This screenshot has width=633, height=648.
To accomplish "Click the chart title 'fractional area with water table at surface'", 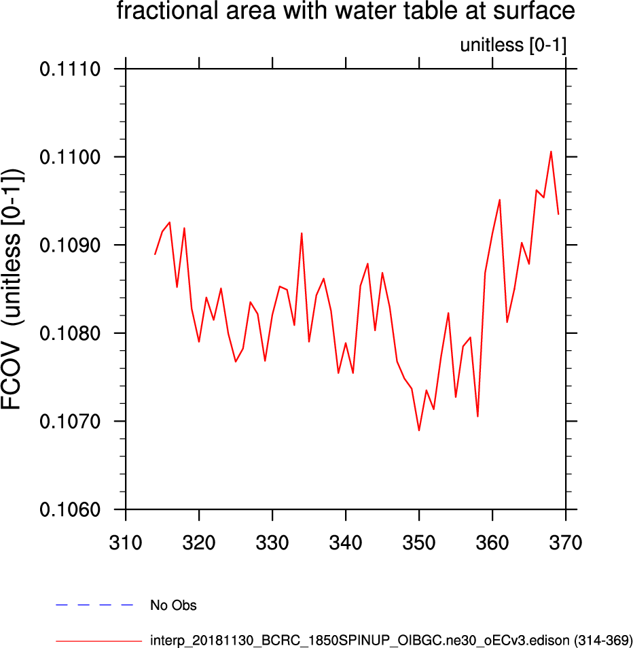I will click(346, 12).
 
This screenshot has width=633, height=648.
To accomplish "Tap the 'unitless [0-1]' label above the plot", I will click(513, 46).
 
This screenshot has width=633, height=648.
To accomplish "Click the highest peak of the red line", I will click(551, 152).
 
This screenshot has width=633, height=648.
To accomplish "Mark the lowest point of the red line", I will click(419, 430).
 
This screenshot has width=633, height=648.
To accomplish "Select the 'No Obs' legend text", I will click(173, 605).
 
